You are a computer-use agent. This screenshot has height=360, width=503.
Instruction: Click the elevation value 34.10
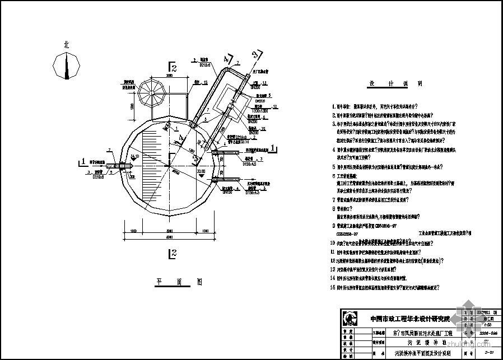click(134, 157)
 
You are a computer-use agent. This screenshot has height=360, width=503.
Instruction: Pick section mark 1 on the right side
click(272, 148)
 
